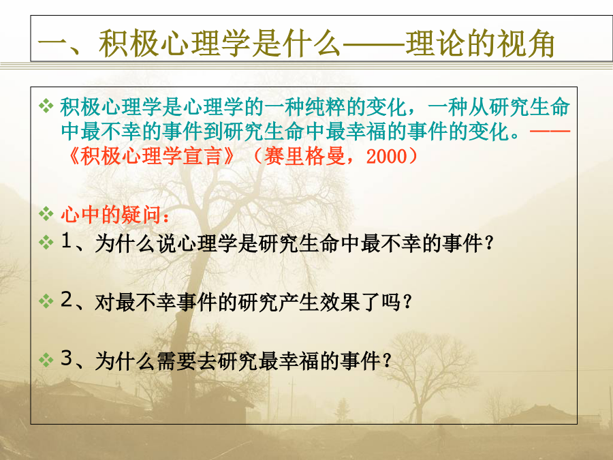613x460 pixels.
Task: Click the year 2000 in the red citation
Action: tap(387, 157)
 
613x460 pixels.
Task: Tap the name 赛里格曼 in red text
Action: tap(304, 157)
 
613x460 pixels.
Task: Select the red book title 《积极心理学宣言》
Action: tap(151, 157)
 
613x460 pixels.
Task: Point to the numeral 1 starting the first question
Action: tap(66, 241)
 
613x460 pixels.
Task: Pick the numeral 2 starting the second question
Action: tap(67, 300)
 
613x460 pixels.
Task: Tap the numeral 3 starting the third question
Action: tap(67, 358)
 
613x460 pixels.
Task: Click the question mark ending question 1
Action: tap(488, 244)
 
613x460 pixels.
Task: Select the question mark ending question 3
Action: tap(387, 361)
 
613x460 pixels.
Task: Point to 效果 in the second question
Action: tap(340, 302)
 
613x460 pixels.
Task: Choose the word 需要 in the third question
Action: tap(176, 361)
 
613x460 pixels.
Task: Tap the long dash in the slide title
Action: tap(373, 44)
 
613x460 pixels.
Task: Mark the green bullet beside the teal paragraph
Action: tap(46, 106)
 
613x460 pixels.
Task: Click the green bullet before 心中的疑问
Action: tap(46, 214)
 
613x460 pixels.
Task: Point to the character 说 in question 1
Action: tap(167, 244)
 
